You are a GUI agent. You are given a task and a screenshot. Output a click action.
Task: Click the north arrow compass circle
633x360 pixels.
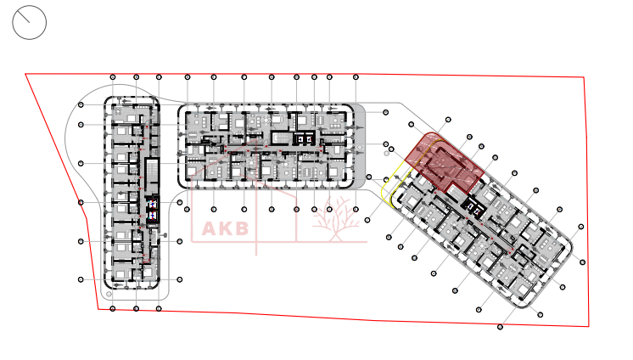point(29,22)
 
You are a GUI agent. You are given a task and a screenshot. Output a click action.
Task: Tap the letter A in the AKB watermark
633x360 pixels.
point(210,228)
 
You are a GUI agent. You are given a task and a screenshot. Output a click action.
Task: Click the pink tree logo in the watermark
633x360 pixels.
point(333,219)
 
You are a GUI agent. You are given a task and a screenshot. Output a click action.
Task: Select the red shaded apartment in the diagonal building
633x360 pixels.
point(441,161)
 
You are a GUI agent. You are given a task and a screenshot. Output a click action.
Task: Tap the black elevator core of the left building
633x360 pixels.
point(153,209)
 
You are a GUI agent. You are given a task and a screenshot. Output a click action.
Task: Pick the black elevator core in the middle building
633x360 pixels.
point(303,138)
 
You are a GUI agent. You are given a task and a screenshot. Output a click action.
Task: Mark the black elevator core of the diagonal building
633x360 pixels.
point(469,207)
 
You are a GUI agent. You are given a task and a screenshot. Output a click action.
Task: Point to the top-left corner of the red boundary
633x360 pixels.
point(25,74)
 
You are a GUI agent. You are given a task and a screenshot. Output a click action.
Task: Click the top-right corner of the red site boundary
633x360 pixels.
point(584,77)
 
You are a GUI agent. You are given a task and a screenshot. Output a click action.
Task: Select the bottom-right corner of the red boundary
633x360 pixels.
point(589,326)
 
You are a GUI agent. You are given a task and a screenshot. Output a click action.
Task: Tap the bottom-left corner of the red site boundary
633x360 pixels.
point(98,308)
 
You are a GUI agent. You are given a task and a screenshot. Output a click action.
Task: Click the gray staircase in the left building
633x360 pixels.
point(153,175)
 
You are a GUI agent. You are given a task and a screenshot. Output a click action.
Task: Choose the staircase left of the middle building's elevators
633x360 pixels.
point(279,138)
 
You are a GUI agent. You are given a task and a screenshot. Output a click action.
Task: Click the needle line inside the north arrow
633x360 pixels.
point(31,20)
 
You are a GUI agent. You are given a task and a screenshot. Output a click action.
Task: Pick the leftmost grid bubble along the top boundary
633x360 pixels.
point(114,77)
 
